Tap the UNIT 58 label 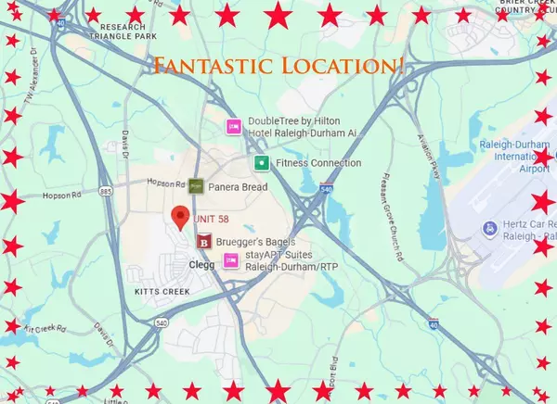[211, 219]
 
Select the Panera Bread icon [196, 187]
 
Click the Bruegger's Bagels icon [204, 242]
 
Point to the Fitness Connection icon [263, 163]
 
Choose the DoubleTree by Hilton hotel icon [235, 126]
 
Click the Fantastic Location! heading [278, 66]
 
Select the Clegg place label [201, 265]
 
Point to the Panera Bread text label [237, 187]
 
